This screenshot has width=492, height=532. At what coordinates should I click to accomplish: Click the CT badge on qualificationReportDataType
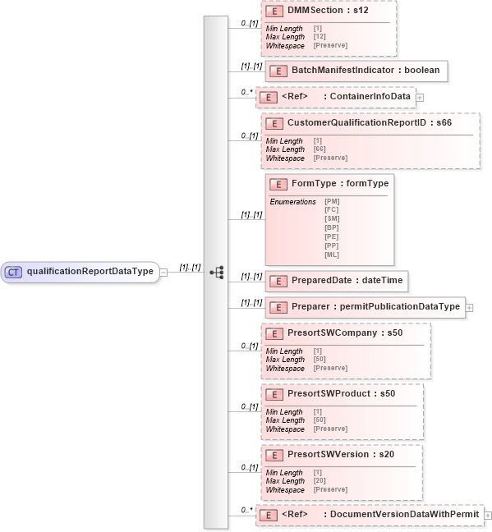click(x=14, y=272)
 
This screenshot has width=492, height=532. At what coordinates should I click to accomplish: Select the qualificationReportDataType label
click(x=90, y=272)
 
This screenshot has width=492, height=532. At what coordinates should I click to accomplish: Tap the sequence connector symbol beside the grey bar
click(x=217, y=272)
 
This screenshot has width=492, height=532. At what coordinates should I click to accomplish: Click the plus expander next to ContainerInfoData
click(x=420, y=98)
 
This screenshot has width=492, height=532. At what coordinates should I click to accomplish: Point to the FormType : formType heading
click(x=340, y=183)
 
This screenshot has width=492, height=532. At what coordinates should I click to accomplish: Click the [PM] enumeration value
click(x=332, y=200)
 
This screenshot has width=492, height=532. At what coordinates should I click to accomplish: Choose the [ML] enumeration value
click(x=332, y=255)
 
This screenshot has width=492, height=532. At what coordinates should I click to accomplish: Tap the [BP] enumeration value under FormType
click(x=332, y=227)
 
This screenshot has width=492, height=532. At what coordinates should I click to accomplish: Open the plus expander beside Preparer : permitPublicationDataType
click(x=469, y=308)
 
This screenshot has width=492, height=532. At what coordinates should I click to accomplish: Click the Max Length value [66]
click(x=319, y=149)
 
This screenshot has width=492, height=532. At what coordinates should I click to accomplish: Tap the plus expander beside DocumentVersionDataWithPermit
click(x=488, y=515)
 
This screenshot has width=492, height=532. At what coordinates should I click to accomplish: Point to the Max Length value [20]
click(x=319, y=480)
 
